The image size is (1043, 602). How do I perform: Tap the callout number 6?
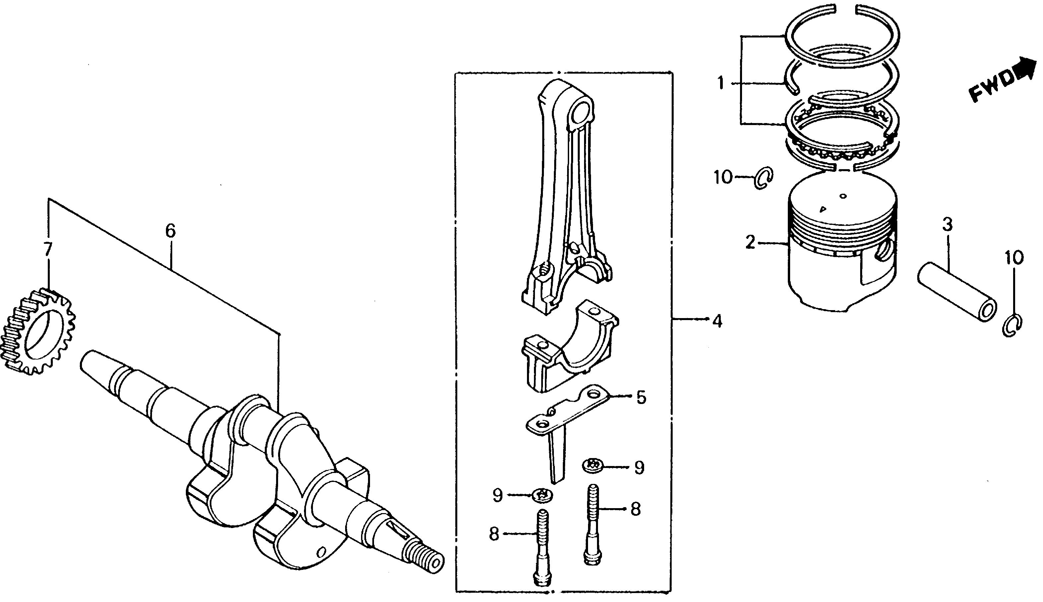[170, 231]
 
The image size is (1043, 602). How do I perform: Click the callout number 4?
[717, 321]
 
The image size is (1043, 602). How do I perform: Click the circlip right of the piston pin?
[1012, 325]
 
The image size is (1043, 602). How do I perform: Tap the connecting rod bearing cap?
[569, 345]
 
